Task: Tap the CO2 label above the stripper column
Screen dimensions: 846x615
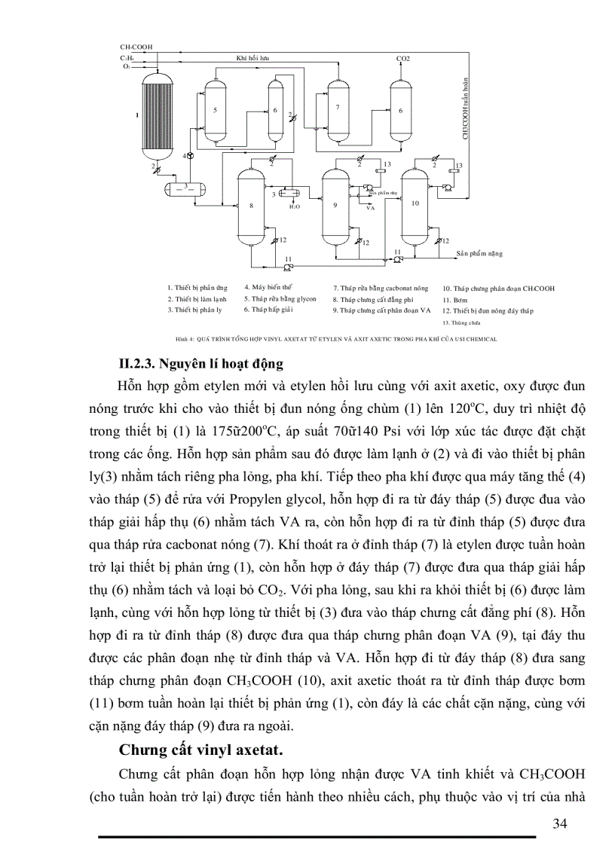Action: pos(403,58)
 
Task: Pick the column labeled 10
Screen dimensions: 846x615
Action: pos(415,203)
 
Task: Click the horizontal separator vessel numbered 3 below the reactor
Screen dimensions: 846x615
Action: pos(185,185)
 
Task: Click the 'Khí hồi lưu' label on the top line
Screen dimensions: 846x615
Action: pos(253,57)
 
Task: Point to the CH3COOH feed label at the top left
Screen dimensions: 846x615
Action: pos(136,47)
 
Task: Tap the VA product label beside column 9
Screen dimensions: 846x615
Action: pos(370,207)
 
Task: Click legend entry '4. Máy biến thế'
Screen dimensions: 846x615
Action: pos(268,287)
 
